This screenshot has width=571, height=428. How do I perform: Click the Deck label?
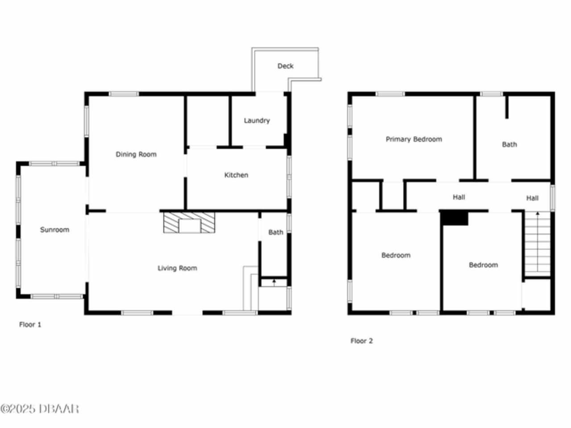point(285,66)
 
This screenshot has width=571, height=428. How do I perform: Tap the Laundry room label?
point(257,120)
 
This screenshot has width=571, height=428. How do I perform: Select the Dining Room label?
point(136,154)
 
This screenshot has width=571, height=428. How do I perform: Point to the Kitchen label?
point(236,175)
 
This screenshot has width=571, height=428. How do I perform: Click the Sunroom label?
point(54,230)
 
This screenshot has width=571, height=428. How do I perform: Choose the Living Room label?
point(178,268)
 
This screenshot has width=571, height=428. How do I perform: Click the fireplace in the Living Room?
point(189,222)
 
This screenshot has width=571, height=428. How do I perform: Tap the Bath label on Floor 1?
point(276,232)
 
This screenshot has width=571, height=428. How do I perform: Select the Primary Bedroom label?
point(414,139)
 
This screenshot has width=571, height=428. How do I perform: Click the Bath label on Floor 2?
point(509,144)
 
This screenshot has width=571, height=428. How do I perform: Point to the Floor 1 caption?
point(30,325)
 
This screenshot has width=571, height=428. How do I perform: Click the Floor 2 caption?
point(362,341)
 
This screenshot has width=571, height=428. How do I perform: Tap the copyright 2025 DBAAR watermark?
point(40,409)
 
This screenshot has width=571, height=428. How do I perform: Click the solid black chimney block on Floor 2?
point(454,218)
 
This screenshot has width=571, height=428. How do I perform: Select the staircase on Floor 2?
point(538,244)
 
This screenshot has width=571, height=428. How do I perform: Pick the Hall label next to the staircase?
point(532,198)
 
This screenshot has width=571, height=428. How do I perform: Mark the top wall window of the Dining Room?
point(124,94)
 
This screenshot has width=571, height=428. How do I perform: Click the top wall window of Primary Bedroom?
point(390,94)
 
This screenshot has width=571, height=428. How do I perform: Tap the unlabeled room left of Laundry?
point(208,121)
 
